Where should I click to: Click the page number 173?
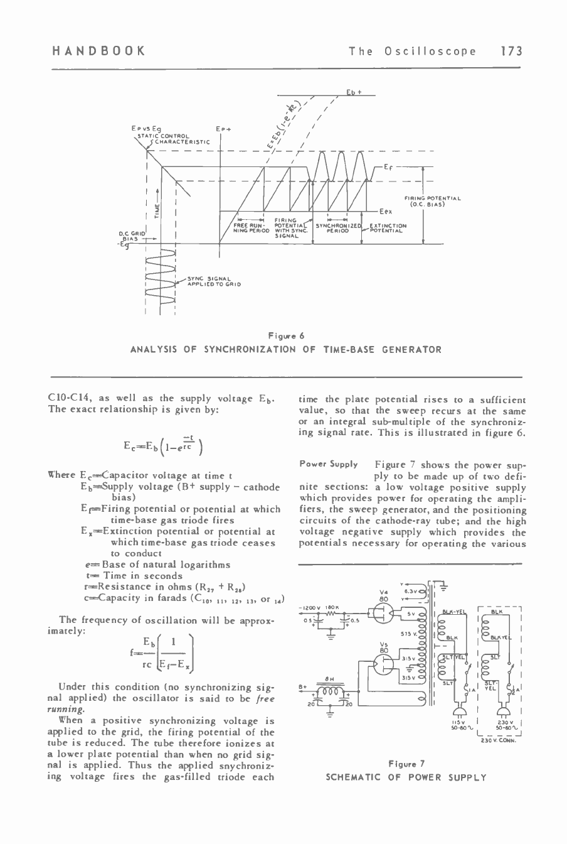coord(512,51)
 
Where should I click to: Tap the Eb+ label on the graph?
coord(352,93)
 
